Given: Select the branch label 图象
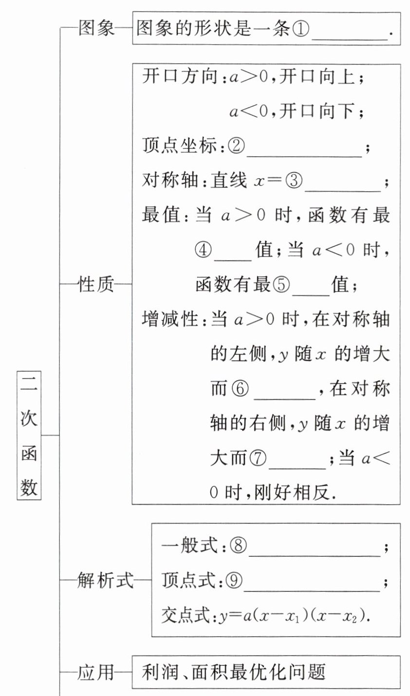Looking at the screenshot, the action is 96,28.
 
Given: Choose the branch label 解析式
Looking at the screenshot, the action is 105,580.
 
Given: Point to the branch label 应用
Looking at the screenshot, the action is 95,672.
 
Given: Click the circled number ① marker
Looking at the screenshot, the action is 300,29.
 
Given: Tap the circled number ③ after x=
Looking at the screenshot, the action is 294,182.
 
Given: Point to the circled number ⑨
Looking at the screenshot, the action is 233,581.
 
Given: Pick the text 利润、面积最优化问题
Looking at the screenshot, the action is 234,672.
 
